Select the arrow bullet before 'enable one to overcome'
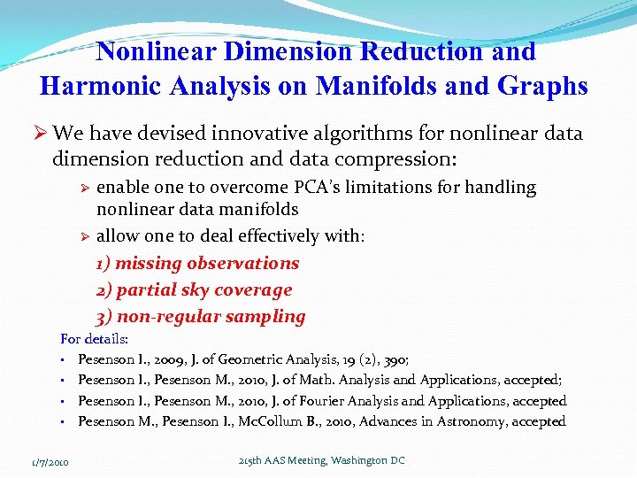tap(86, 188)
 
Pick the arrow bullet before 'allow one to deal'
tap(86, 236)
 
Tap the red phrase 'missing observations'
tap(207, 263)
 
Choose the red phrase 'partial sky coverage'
tap(203, 289)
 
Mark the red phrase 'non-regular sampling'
tap(211, 316)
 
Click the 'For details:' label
tap(94, 339)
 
